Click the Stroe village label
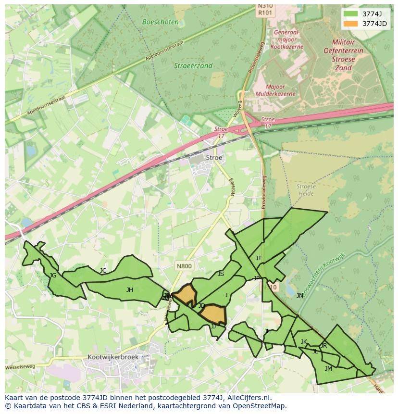(x=214, y=157)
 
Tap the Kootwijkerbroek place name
(x=113, y=357)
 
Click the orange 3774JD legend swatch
(x=351, y=24)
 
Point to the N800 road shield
(x=184, y=266)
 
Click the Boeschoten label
(x=161, y=22)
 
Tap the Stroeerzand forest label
(x=193, y=66)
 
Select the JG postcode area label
(x=53, y=276)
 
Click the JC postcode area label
(x=103, y=271)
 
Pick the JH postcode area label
(x=130, y=290)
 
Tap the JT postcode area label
(x=259, y=258)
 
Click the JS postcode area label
(x=221, y=274)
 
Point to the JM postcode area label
(x=328, y=369)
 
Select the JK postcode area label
(x=304, y=342)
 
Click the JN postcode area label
(x=300, y=296)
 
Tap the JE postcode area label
(x=267, y=331)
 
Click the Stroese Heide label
(x=306, y=190)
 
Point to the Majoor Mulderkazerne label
(x=275, y=90)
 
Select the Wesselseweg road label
(x=20, y=367)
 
